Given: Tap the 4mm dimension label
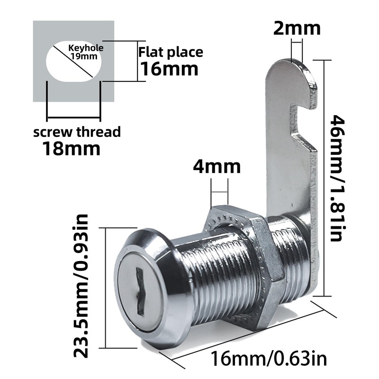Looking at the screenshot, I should (x=217, y=167).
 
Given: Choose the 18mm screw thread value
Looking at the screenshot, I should (x=72, y=149).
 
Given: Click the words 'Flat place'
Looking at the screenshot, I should (x=171, y=52).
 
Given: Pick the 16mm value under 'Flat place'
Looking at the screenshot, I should (x=168, y=69).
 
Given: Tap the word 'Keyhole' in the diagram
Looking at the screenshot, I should (x=86, y=48).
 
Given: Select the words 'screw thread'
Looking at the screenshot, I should (x=77, y=132).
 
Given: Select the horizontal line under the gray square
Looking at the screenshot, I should (x=73, y=117).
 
